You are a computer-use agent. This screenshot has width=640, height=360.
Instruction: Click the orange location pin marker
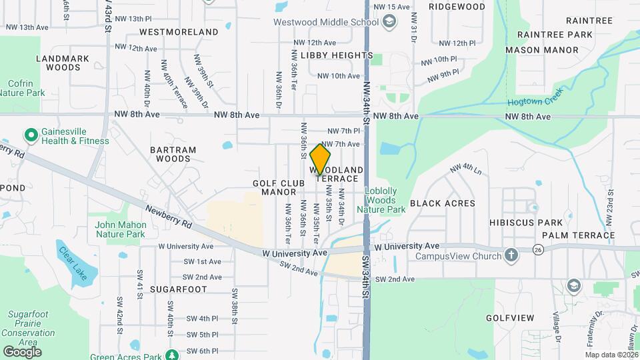[x=321, y=159]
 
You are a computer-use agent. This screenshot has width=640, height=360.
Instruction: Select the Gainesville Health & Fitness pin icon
[x=31, y=136]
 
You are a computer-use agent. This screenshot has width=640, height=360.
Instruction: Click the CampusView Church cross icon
[x=511, y=255]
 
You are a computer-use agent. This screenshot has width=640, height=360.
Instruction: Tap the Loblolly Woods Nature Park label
[x=381, y=200]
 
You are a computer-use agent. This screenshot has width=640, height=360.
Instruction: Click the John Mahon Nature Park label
[x=120, y=229]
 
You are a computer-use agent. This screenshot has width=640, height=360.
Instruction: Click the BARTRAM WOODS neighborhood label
[x=173, y=154]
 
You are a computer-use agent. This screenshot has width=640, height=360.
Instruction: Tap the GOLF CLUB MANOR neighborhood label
[x=274, y=187]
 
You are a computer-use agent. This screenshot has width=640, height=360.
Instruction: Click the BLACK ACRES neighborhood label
[x=442, y=203]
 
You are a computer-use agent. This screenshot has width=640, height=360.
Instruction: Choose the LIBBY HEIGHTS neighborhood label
[x=337, y=55]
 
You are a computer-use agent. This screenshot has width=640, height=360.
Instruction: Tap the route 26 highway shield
[x=538, y=249]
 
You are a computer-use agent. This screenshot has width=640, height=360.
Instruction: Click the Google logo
[x=22, y=351]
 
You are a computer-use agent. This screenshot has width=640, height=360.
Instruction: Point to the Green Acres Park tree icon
[x=172, y=355]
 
